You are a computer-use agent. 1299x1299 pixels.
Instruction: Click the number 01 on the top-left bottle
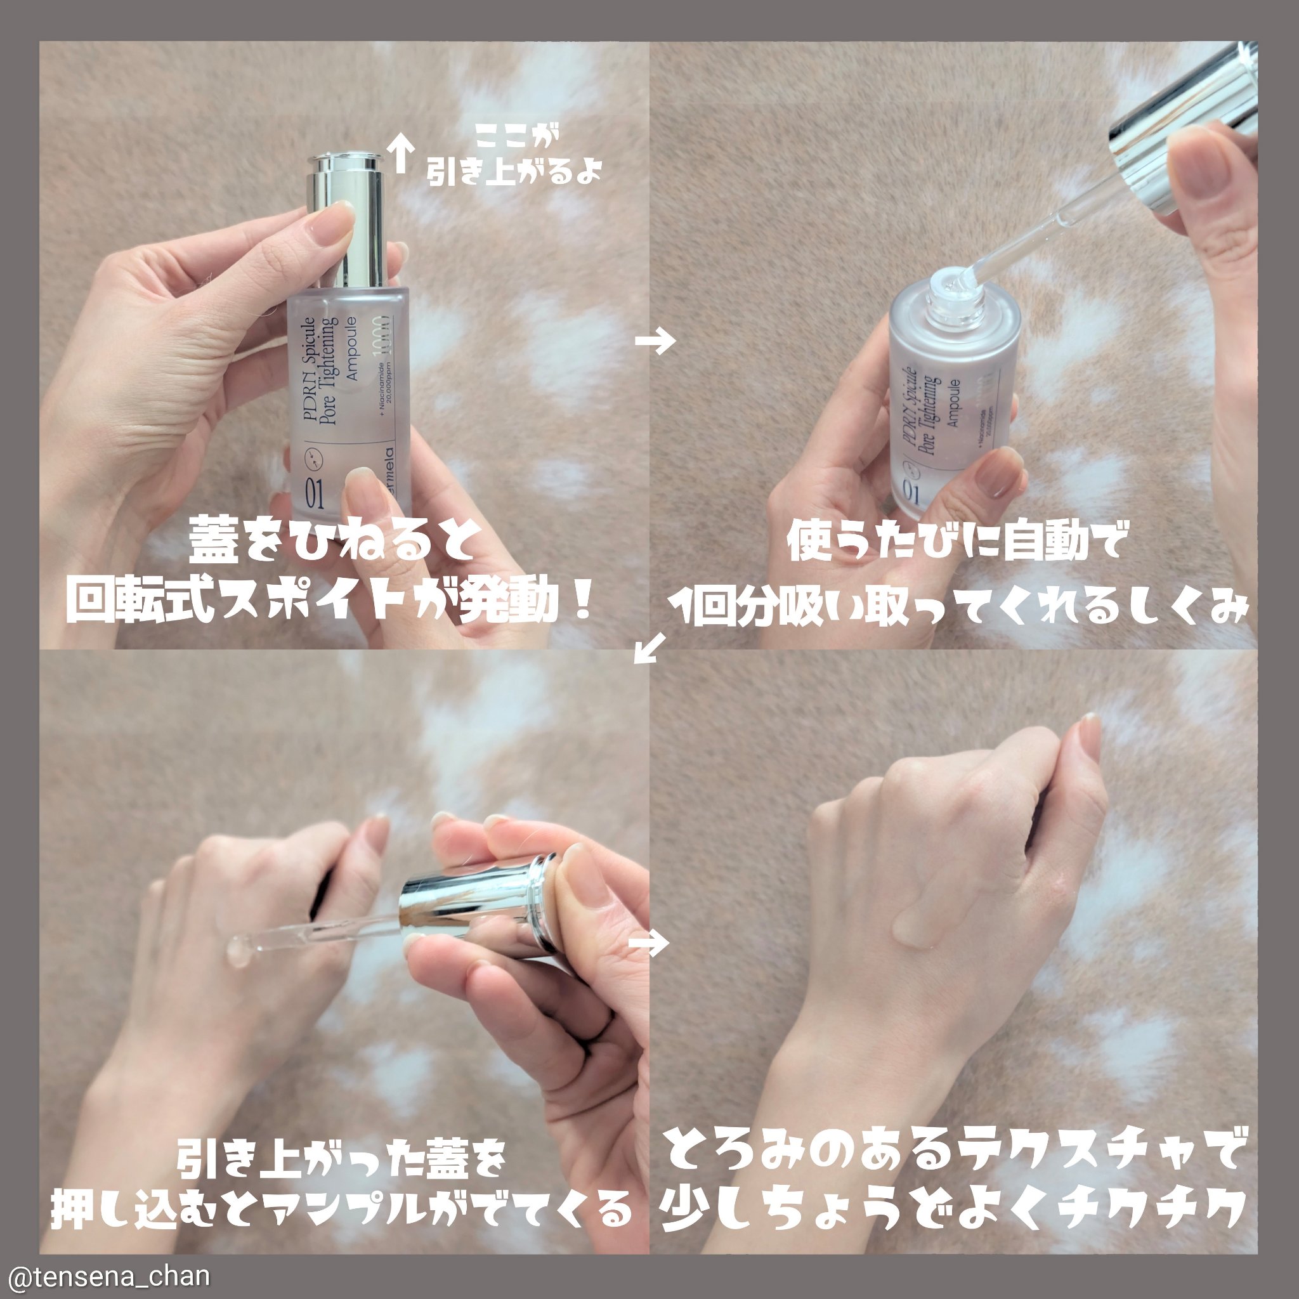click(314, 494)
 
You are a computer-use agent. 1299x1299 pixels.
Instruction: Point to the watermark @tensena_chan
click(108, 1276)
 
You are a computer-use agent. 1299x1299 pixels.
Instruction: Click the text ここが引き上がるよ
click(514, 156)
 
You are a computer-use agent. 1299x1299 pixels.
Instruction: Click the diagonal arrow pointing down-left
click(650, 648)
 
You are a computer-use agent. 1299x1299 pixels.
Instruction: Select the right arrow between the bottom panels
click(649, 943)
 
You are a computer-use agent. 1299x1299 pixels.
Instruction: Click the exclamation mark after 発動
click(583, 601)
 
